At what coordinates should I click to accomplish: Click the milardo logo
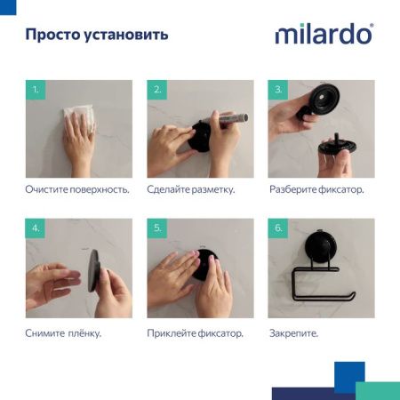[x=324, y=35]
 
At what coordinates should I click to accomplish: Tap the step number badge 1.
[x=36, y=90]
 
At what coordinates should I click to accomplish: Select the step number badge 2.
[x=158, y=90]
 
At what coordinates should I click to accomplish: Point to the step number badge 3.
[x=278, y=90]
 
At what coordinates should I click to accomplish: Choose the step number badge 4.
[x=36, y=228]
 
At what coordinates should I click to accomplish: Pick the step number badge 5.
[x=158, y=228]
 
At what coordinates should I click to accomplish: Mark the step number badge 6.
[x=278, y=228]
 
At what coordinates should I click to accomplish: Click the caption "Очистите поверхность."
[x=77, y=190]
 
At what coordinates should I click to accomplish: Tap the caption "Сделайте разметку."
[x=191, y=190]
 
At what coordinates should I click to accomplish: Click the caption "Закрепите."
[x=293, y=332]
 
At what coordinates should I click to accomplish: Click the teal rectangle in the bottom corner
[x=377, y=390]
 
